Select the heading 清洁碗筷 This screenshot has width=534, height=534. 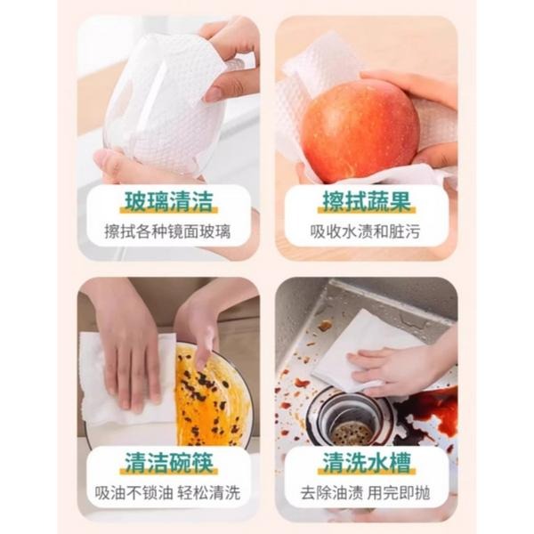[x=168, y=463]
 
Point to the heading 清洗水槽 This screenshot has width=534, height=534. [x=366, y=463]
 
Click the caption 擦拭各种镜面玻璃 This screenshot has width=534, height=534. [x=168, y=232]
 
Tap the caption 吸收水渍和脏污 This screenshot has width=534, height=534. [x=366, y=232]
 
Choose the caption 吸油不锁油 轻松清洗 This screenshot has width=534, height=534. [x=168, y=492]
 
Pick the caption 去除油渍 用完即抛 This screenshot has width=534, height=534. [x=366, y=492]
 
